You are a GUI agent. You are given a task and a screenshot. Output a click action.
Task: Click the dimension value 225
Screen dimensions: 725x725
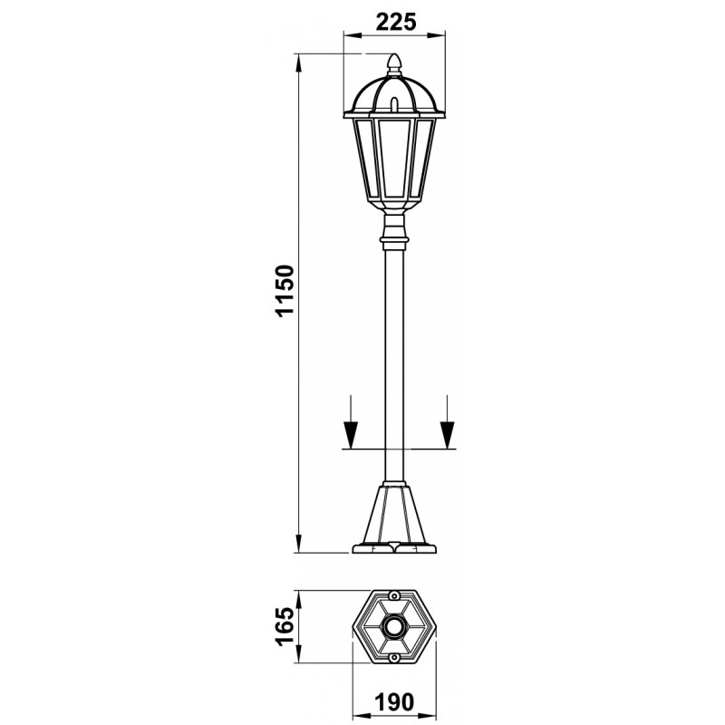[396, 22]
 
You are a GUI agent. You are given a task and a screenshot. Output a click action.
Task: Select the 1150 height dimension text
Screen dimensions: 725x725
[284, 290]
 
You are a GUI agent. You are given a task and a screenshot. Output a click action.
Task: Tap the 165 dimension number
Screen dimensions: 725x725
[284, 626]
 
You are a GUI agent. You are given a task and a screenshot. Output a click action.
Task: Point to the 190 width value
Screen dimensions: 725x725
[394, 702]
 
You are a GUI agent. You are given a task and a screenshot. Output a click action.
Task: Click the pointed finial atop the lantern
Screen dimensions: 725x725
[394, 63]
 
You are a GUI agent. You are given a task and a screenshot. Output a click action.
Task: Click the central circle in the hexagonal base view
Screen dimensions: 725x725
[394, 626]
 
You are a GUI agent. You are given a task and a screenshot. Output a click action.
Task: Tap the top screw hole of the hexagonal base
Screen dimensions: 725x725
[394, 596]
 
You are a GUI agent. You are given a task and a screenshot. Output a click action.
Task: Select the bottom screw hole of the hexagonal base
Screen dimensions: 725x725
[394, 657]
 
